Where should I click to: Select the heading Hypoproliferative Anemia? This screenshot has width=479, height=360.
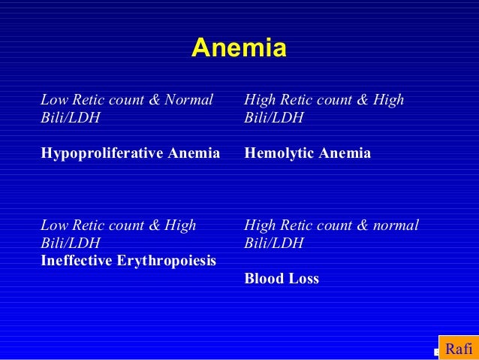(130, 154)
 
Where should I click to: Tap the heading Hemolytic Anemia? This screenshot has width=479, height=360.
(308, 154)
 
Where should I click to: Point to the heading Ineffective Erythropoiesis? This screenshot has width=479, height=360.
(128, 261)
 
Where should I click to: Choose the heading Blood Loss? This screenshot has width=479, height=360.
(282, 279)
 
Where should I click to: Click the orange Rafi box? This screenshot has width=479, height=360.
(458, 349)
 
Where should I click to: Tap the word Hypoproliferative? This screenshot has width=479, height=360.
(100, 154)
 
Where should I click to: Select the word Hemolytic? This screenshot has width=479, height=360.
(281, 154)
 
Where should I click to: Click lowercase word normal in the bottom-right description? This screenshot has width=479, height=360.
(394, 225)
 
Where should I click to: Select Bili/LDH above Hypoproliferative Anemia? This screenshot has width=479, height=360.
(70, 118)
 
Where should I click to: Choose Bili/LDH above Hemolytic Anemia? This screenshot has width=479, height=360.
(274, 118)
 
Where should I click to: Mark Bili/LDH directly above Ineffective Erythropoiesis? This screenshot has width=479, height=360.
(70, 244)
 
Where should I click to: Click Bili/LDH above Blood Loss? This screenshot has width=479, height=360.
(274, 244)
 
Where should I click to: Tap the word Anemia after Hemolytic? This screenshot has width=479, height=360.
(346, 154)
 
